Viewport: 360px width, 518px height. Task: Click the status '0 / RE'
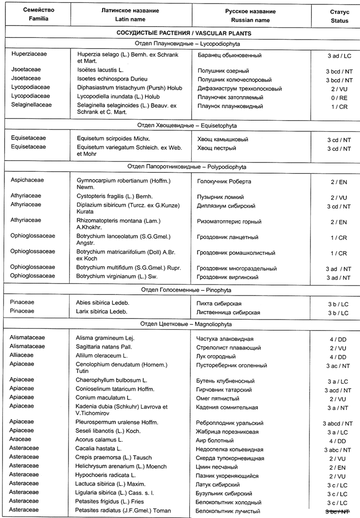(339, 97)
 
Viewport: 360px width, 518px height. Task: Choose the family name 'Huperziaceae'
(30, 54)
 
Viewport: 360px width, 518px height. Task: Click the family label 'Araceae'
(22, 439)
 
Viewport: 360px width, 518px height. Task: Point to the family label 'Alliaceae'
(23, 355)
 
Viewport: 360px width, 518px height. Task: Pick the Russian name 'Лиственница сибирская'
(229, 312)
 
